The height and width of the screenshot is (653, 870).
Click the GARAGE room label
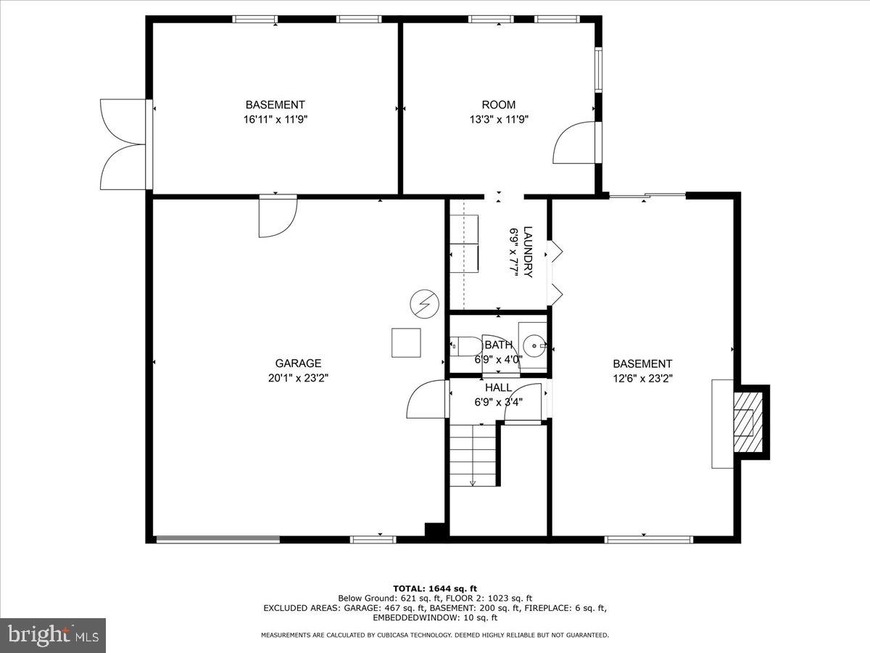point(298,364)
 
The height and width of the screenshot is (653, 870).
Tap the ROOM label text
point(499,104)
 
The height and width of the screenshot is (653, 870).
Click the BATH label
point(498,345)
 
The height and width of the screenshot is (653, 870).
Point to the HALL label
point(498,388)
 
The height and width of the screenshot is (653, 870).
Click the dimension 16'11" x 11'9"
point(275,119)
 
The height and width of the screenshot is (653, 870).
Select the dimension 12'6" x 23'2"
point(642,378)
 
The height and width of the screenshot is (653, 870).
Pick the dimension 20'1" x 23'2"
point(298,378)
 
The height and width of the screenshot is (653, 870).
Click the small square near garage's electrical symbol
point(406,342)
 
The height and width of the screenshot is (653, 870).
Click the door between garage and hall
point(427,400)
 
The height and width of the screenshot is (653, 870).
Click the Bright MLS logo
point(53,635)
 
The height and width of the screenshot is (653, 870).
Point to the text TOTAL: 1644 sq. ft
point(435,588)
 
